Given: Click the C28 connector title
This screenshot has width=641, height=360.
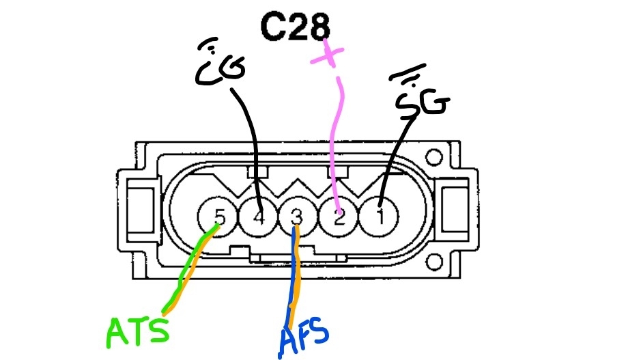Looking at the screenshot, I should (x=295, y=27).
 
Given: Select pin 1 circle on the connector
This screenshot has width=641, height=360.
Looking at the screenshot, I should (x=381, y=218).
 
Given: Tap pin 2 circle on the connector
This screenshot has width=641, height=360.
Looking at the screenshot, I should (x=339, y=218).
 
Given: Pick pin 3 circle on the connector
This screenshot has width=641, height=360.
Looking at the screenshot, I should (x=296, y=218).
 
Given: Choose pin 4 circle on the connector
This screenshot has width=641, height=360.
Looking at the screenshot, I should (x=258, y=218).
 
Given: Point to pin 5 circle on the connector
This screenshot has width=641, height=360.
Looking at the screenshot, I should (x=217, y=218).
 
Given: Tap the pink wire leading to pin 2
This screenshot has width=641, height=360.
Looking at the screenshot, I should (x=332, y=150).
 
